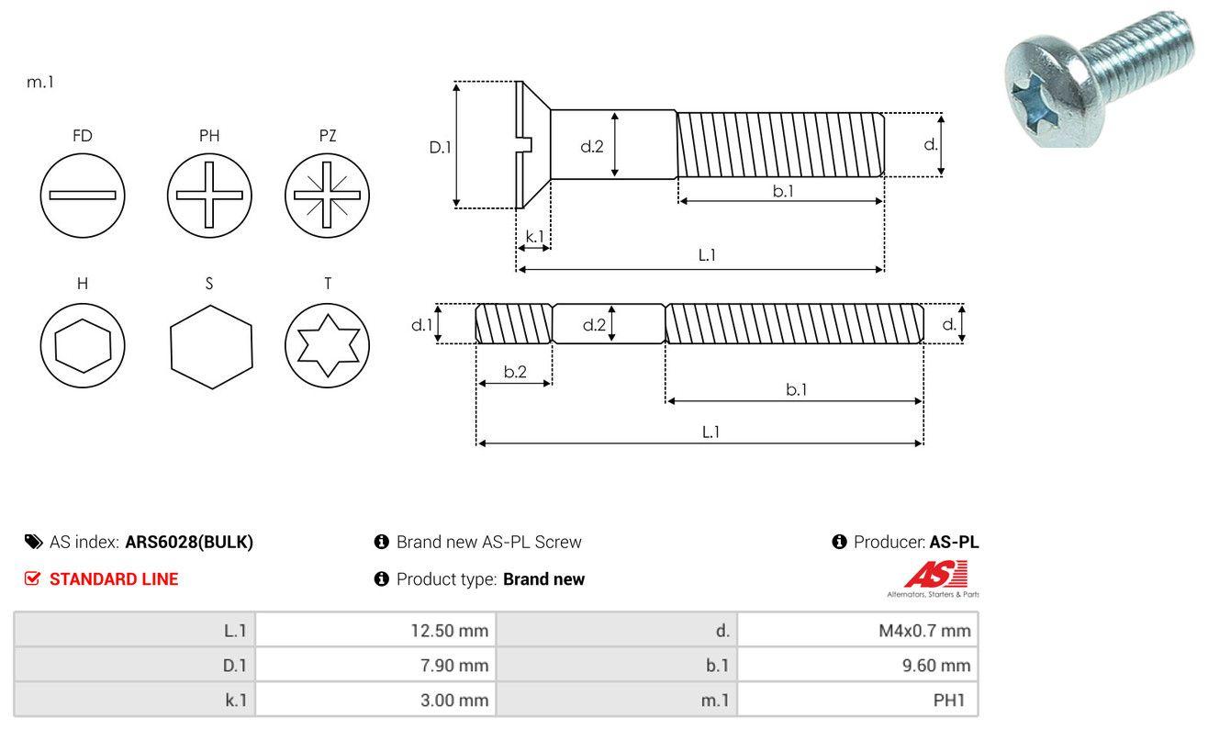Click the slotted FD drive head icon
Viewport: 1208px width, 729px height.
83,195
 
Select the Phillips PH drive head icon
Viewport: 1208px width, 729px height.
209,195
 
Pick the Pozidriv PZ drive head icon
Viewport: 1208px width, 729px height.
327,195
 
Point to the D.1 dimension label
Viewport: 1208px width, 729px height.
441,146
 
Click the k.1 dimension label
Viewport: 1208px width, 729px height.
533,236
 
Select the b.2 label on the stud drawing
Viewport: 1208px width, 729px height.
515,372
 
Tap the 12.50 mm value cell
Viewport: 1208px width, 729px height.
375,630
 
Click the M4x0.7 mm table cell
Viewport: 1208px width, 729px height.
857,630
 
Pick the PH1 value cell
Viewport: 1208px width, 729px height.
857,701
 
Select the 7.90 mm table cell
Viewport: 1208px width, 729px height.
375,665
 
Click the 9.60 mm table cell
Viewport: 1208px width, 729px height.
857,665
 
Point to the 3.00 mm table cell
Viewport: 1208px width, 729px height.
375,701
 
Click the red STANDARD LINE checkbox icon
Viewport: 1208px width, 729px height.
33,578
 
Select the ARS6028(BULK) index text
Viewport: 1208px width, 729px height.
189,542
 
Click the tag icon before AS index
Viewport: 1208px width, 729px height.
33,542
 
